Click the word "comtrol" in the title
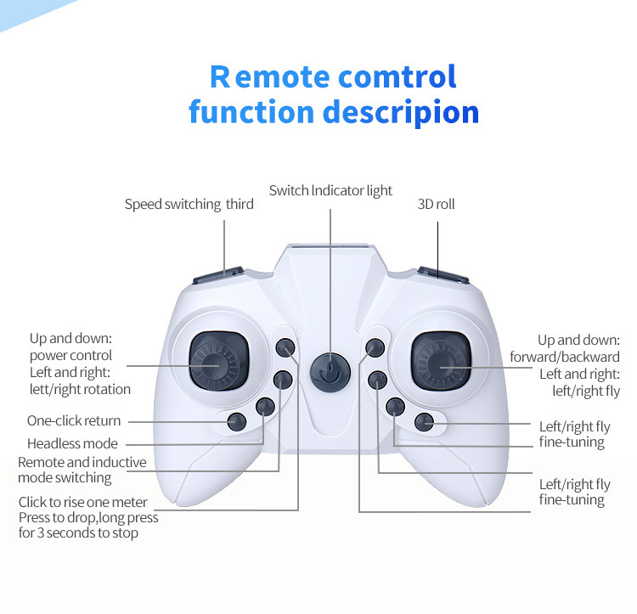coord(397,76)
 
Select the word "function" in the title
coord(240,112)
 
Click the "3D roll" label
coord(437,205)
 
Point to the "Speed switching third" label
coord(189,205)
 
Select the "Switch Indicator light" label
coord(330,190)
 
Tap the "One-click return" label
coord(74,420)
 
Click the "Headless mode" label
coord(72,443)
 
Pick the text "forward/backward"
coord(565,357)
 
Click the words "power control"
coord(70,356)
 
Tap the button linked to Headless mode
coord(266,407)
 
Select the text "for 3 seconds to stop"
coord(78,533)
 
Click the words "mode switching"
coord(65,478)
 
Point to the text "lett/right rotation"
coord(80,389)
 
